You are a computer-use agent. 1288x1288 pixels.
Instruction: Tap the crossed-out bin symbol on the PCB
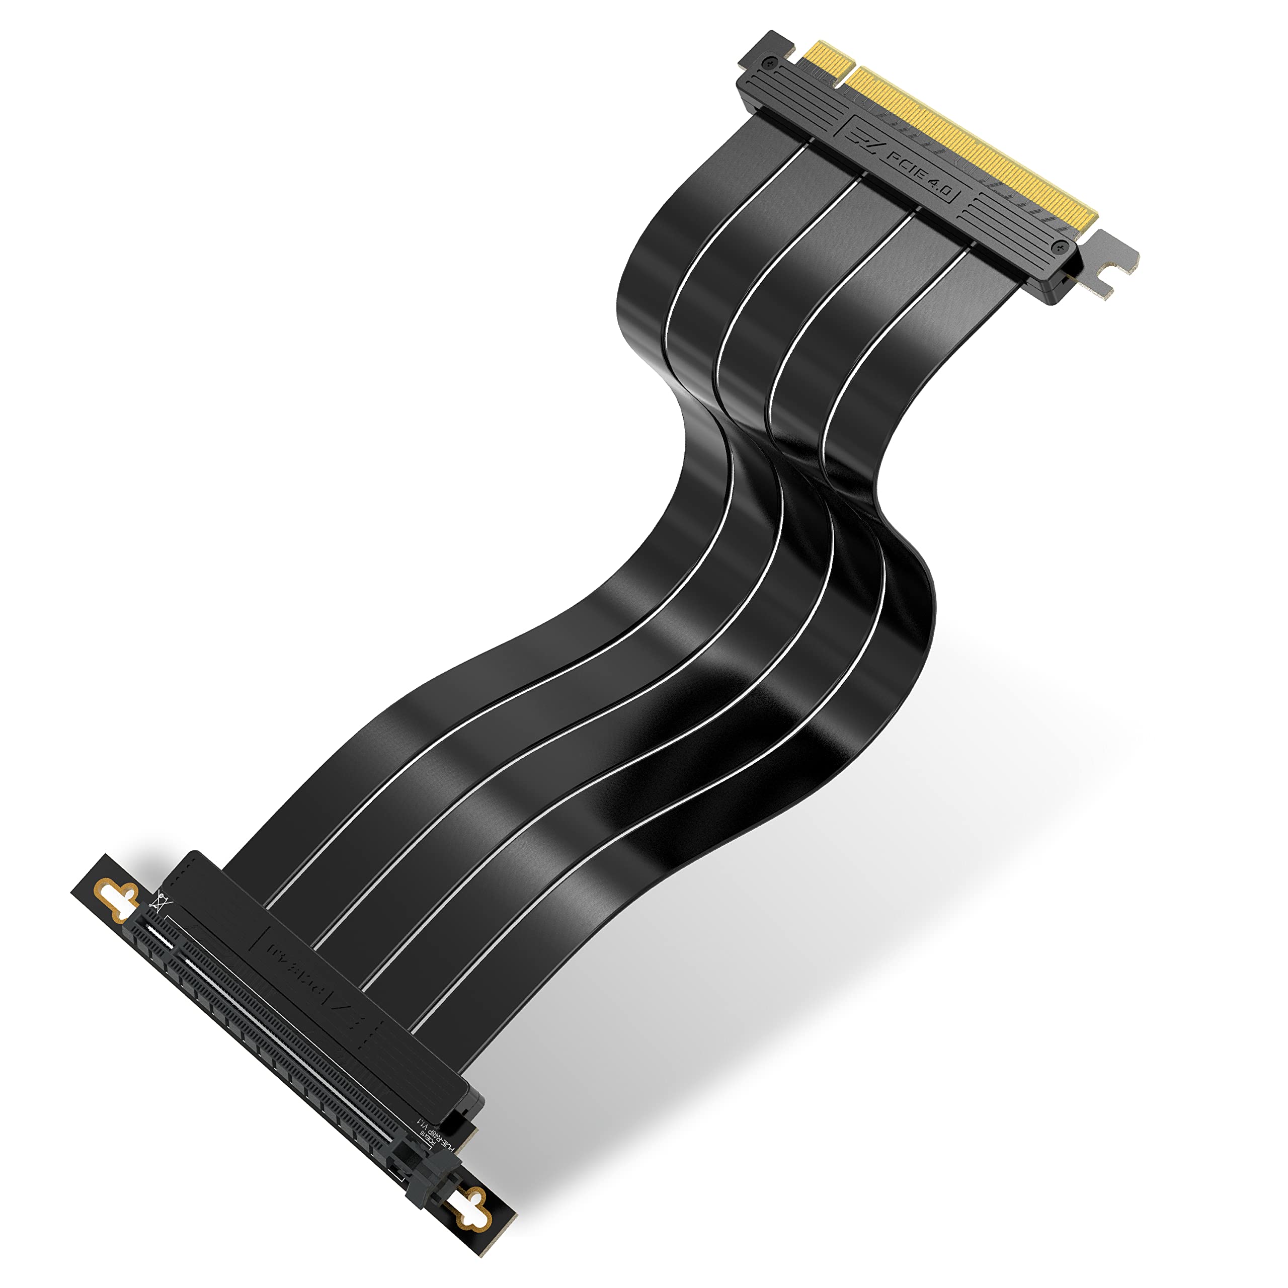pos(160,904)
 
